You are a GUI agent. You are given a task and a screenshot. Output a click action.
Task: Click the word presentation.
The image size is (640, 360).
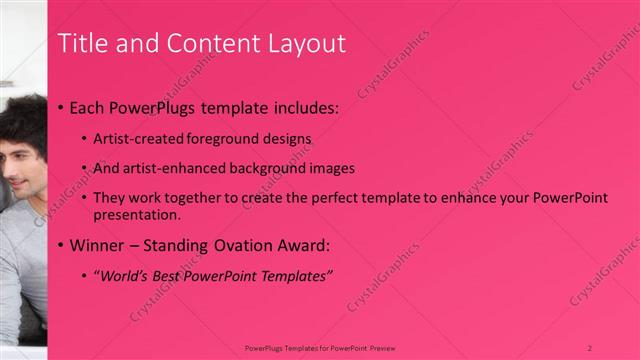136,215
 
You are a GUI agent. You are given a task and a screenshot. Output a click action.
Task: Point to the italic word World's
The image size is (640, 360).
124,276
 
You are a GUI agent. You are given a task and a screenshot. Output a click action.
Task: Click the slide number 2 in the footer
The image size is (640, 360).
590,347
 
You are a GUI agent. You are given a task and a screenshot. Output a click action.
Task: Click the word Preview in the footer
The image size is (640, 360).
381,347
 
